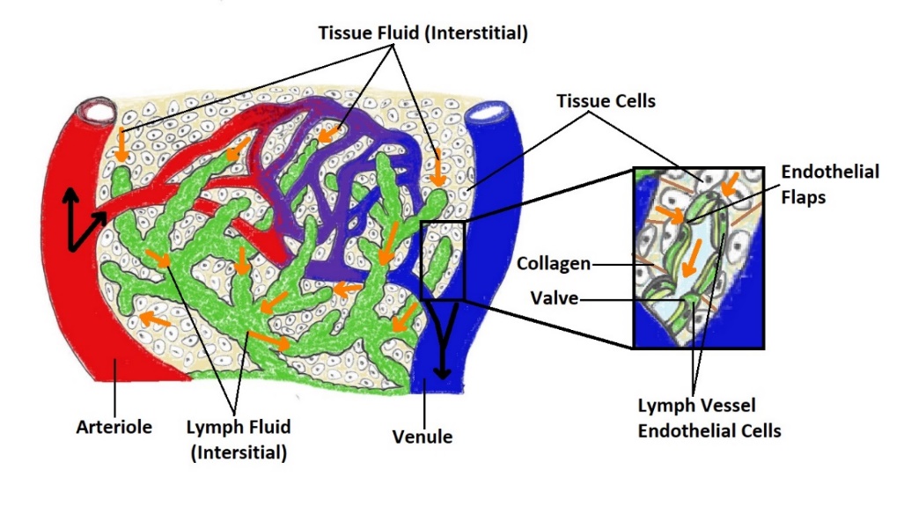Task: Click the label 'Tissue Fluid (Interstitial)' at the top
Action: pyautogui.click(x=423, y=33)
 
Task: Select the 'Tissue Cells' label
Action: pyautogui.click(x=606, y=101)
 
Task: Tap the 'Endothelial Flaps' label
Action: pyautogui.click(x=829, y=181)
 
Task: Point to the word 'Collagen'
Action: pyautogui.click(x=553, y=263)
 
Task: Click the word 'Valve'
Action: pyautogui.click(x=555, y=298)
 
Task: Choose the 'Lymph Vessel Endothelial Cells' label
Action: pyautogui.click(x=709, y=418)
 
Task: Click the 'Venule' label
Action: pyautogui.click(x=423, y=436)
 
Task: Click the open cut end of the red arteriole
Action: pyautogui.click(x=96, y=112)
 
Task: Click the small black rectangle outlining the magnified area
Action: pyautogui.click(x=442, y=261)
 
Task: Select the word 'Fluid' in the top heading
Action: pyautogui.click(x=407, y=33)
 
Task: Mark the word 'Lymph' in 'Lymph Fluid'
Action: pyautogui.click(x=212, y=428)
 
